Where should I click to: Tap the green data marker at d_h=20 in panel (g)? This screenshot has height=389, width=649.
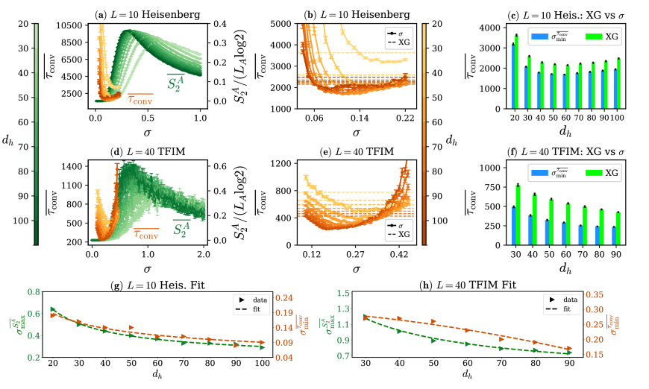click(52, 309)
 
